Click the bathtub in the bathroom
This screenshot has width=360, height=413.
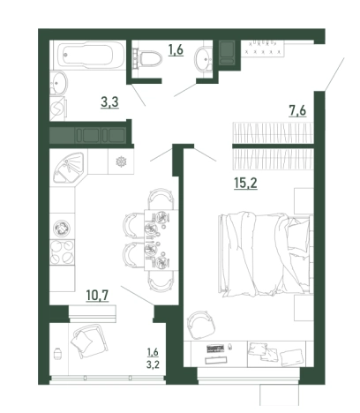point(89,55)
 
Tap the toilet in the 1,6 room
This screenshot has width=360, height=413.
point(147,58)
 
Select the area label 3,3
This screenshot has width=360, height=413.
point(109,102)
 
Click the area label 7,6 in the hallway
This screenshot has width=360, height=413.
point(297,111)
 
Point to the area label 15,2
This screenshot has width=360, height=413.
point(245,184)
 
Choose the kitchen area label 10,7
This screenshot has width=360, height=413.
point(97,295)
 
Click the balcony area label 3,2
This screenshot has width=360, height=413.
point(153,364)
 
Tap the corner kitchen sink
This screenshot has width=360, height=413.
point(69,167)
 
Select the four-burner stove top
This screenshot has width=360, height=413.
point(62,252)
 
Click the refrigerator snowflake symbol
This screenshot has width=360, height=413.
point(121,161)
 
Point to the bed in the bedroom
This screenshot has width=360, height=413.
point(265,253)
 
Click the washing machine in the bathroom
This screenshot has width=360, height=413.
point(58,109)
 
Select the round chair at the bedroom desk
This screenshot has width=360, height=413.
point(201,325)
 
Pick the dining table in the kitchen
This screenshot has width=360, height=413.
point(161,240)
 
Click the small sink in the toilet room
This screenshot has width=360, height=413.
point(203,59)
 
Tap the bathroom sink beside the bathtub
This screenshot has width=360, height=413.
point(59,83)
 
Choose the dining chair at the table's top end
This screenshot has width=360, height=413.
point(161,199)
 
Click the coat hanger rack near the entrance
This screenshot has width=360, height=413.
point(263,48)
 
